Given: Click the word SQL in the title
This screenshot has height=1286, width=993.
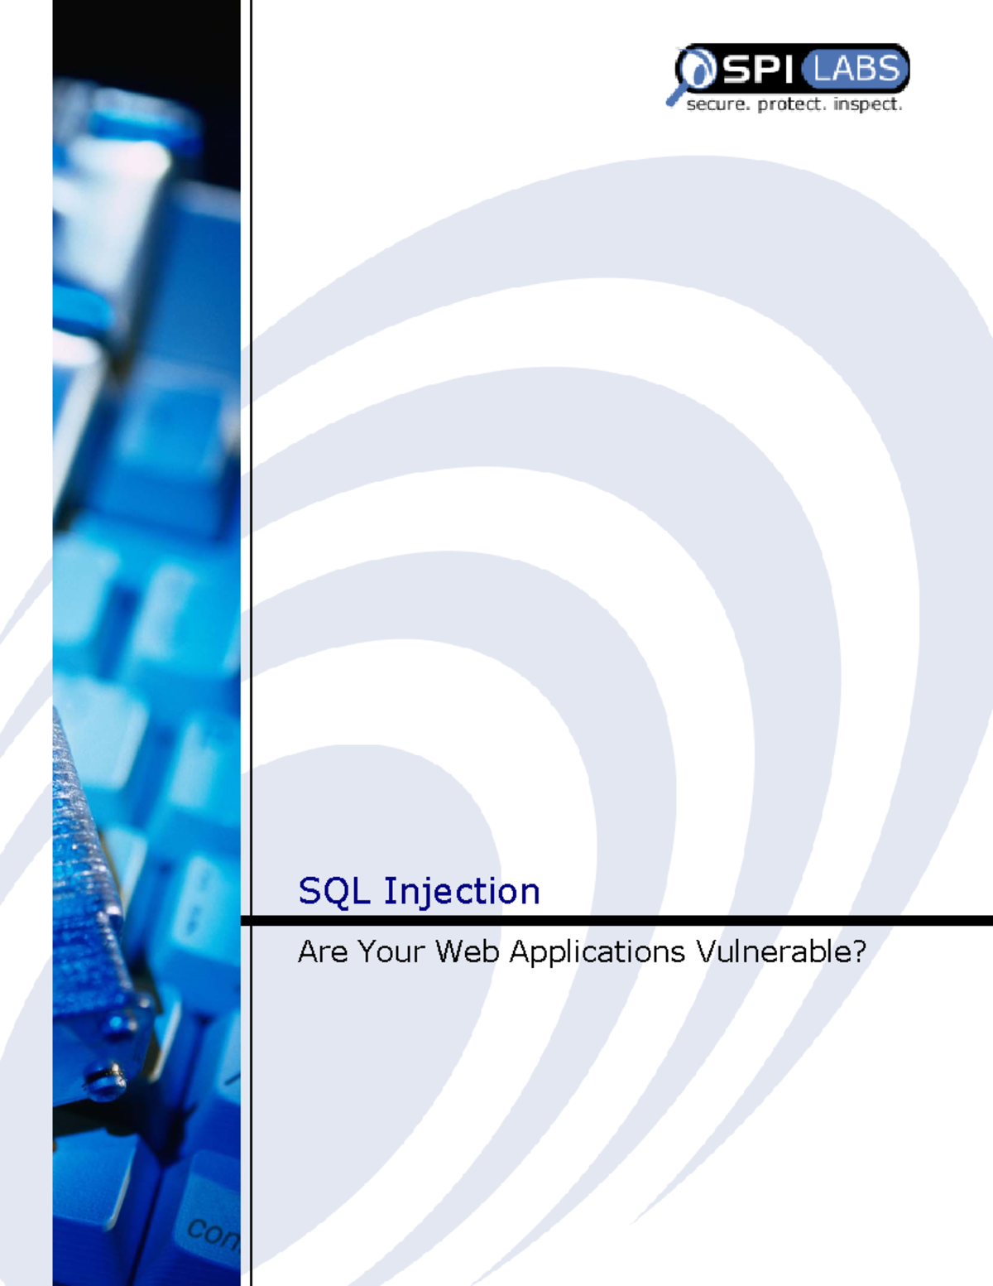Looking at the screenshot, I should [x=333, y=892].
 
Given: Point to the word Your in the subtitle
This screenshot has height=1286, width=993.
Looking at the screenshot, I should [x=391, y=952].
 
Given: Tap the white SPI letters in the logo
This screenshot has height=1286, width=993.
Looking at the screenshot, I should [x=758, y=69].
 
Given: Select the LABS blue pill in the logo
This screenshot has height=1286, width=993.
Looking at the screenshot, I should [x=855, y=69].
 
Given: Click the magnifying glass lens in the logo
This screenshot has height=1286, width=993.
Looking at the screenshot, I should [x=698, y=68].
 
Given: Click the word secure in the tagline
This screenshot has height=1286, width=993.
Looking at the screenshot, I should [x=717, y=104].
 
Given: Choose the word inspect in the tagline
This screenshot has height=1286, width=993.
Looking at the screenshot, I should [x=867, y=104].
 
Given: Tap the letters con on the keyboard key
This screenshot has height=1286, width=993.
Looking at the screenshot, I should [x=213, y=1233].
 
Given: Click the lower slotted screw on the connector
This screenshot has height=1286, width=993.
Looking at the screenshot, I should [x=106, y=1079].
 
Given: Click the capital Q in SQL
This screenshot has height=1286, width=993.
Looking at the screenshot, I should [x=336, y=892].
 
